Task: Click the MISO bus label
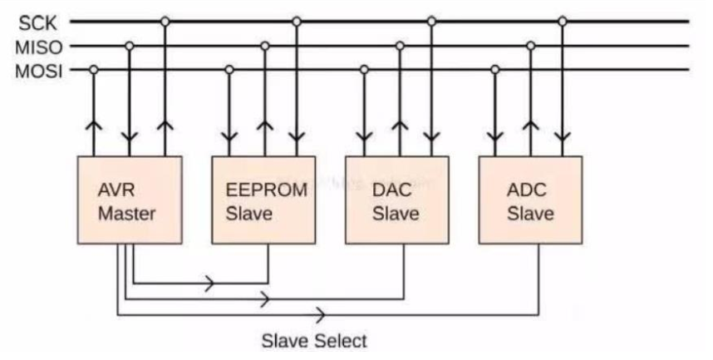click(37, 46)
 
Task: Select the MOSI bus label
click(37, 70)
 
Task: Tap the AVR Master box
click(128, 200)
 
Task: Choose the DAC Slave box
click(396, 200)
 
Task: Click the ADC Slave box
click(531, 200)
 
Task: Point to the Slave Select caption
click(313, 341)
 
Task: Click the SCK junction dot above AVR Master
click(165, 21)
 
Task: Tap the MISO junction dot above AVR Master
click(130, 46)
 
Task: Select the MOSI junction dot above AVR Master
click(94, 70)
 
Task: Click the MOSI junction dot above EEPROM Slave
click(229, 70)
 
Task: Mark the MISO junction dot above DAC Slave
click(400, 46)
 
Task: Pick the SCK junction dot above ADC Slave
click(563, 21)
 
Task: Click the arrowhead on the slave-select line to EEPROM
click(209, 283)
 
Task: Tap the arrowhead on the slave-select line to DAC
click(264, 298)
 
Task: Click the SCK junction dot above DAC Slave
click(430, 21)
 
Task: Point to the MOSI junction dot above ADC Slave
click(495, 70)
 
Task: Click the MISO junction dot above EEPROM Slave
click(265, 46)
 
